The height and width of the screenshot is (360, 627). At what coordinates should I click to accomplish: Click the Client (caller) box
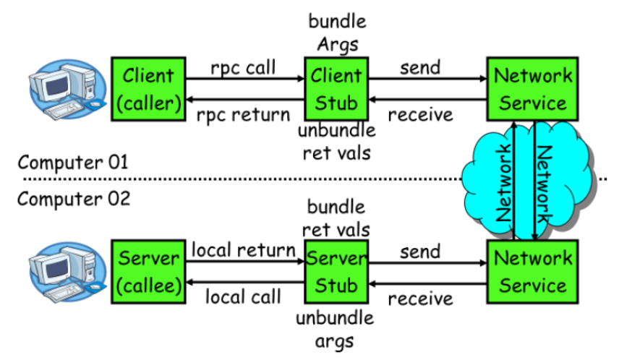tap(148, 89)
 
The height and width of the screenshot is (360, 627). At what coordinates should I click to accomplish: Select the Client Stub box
tap(336, 89)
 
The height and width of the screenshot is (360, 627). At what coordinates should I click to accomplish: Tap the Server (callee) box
tap(148, 272)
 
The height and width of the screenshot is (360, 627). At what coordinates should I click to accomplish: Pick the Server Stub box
tap(336, 272)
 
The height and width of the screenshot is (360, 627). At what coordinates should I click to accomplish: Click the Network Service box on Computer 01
tap(533, 89)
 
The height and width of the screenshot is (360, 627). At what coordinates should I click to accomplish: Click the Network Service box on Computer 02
tap(533, 272)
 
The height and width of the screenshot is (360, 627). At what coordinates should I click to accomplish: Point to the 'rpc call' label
tap(243, 68)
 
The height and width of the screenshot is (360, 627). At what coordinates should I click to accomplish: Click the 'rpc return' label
tap(243, 115)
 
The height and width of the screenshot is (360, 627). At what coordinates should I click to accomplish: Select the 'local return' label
tap(243, 250)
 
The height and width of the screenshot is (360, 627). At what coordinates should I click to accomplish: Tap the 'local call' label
tap(243, 297)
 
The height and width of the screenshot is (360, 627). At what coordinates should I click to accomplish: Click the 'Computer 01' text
tap(73, 162)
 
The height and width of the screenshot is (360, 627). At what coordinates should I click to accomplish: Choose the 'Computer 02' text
tap(74, 199)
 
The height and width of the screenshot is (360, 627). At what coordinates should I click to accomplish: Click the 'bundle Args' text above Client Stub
tap(337, 33)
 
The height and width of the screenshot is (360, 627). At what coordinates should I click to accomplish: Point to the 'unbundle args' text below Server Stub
tap(335, 330)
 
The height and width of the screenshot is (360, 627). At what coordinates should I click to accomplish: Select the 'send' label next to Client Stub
tap(420, 67)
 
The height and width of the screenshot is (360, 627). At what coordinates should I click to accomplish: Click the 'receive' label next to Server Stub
tap(420, 299)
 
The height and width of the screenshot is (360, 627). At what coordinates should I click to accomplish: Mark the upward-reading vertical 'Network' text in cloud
tap(504, 183)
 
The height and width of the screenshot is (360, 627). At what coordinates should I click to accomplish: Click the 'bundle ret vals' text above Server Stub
tap(336, 218)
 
